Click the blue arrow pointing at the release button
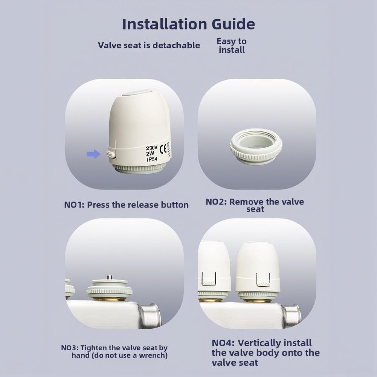(x=93, y=154)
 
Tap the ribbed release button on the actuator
(x=110, y=154)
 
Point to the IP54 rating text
(x=152, y=159)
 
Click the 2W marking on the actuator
(x=150, y=154)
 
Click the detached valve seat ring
(x=256, y=147)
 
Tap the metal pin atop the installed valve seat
(x=109, y=278)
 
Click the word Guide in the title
(x=233, y=24)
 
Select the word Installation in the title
(x=165, y=24)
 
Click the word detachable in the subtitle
(x=176, y=45)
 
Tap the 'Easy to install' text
(x=232, y=46)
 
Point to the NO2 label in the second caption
(x=216, y=202)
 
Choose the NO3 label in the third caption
(x=69, y=348)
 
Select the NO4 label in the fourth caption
(x=223, y=343)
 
